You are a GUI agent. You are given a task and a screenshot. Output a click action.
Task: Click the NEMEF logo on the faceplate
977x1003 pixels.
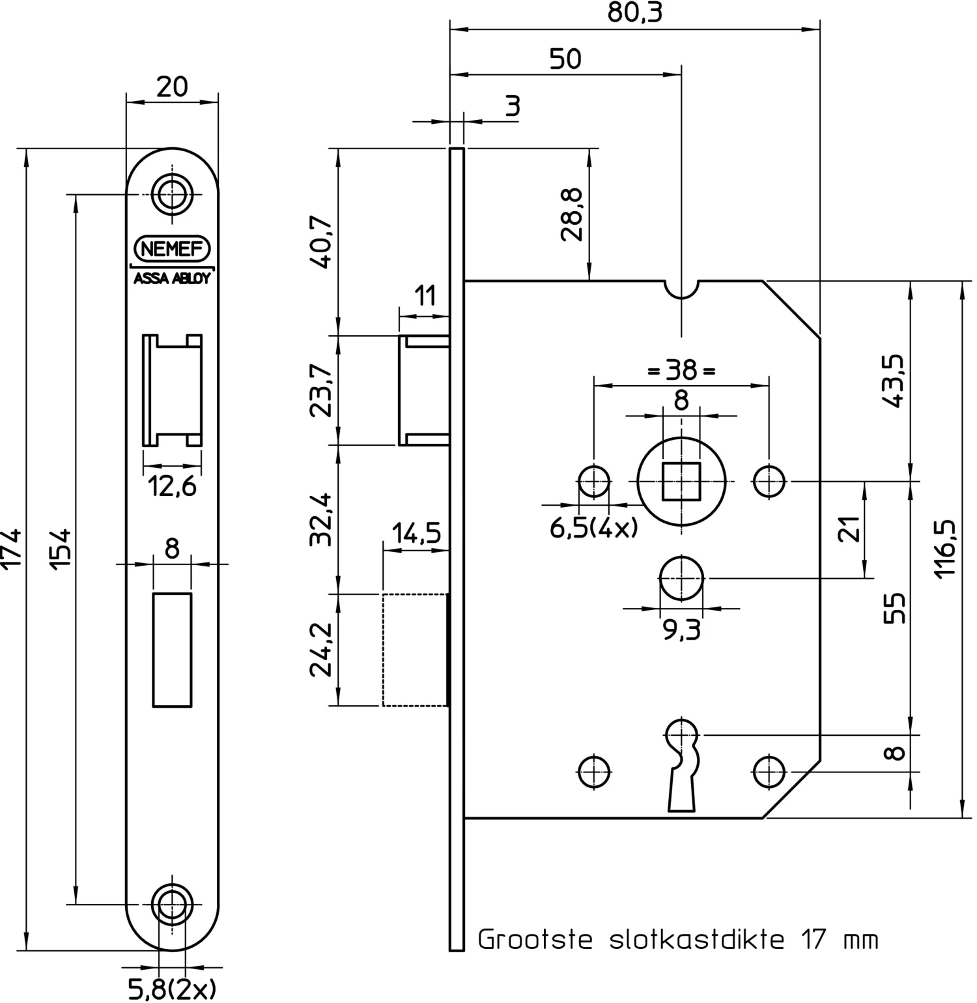pos(172,248)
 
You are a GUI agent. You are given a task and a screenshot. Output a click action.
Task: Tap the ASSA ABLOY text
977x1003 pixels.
pos(172,278)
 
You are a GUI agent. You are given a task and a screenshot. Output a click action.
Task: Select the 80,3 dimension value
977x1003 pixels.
pos(634,12)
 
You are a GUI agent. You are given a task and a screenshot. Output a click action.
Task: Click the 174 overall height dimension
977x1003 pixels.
pos(12,550)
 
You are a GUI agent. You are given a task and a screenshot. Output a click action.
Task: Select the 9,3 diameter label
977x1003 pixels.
pos(681,630)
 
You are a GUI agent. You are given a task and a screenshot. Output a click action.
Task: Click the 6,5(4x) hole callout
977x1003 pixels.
pos(593,527)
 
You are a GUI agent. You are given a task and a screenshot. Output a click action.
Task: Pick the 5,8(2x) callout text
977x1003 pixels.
pos(172,989)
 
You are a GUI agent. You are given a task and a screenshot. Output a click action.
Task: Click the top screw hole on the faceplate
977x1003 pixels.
pos(172,194)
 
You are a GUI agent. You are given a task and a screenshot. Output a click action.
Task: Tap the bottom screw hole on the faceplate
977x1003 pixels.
pos(172,904)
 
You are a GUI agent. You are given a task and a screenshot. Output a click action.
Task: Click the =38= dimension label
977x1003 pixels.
pos(681,371)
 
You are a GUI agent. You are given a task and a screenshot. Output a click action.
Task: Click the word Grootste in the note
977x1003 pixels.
pos(535,939)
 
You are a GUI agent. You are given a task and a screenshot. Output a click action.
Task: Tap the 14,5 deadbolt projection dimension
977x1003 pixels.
pos(416,534)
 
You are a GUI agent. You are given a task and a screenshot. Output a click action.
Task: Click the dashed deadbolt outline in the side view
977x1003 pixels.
pos(415,650)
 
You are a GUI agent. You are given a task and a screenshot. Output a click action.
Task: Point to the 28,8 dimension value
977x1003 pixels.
pos(572,215)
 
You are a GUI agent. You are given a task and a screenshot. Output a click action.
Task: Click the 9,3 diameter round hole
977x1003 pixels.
pos(681,578)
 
